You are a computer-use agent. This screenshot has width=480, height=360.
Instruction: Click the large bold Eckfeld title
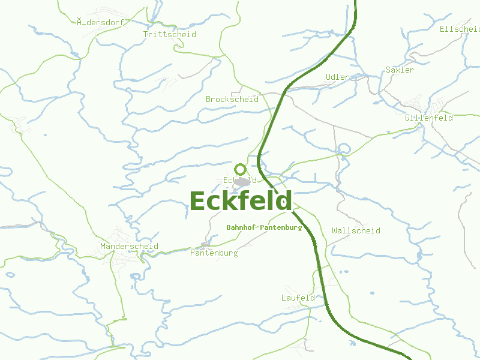[x=241, y=201]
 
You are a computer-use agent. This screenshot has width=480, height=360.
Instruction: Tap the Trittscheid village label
[x=169, y=34]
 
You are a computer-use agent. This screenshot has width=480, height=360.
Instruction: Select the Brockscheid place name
[x=232, y=99]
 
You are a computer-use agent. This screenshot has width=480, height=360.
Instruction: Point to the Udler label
[x=337, y=77]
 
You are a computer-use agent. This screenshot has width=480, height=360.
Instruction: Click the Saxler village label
[x=400, y=70]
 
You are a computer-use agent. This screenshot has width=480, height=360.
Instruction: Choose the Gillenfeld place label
[x=428, y=118]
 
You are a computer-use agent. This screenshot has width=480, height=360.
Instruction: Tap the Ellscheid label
[x=459, y=29]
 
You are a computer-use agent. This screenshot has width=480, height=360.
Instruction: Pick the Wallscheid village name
[x=356, y=230]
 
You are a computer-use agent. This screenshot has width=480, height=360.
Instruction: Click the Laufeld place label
[x=298, y=298]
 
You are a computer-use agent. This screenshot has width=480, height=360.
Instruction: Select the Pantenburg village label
[x=214, y=253]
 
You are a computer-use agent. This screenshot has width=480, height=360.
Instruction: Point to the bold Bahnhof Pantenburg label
[x=264, y=227]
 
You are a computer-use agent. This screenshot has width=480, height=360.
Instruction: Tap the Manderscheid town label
[x=129, y=246]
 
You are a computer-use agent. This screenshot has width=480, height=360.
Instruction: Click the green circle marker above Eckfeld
[x=240, y=169]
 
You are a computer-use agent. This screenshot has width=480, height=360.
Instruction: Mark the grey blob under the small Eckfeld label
[x=242, y=182]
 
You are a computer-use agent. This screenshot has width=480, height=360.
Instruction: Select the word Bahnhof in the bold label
[x=241, y=227]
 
